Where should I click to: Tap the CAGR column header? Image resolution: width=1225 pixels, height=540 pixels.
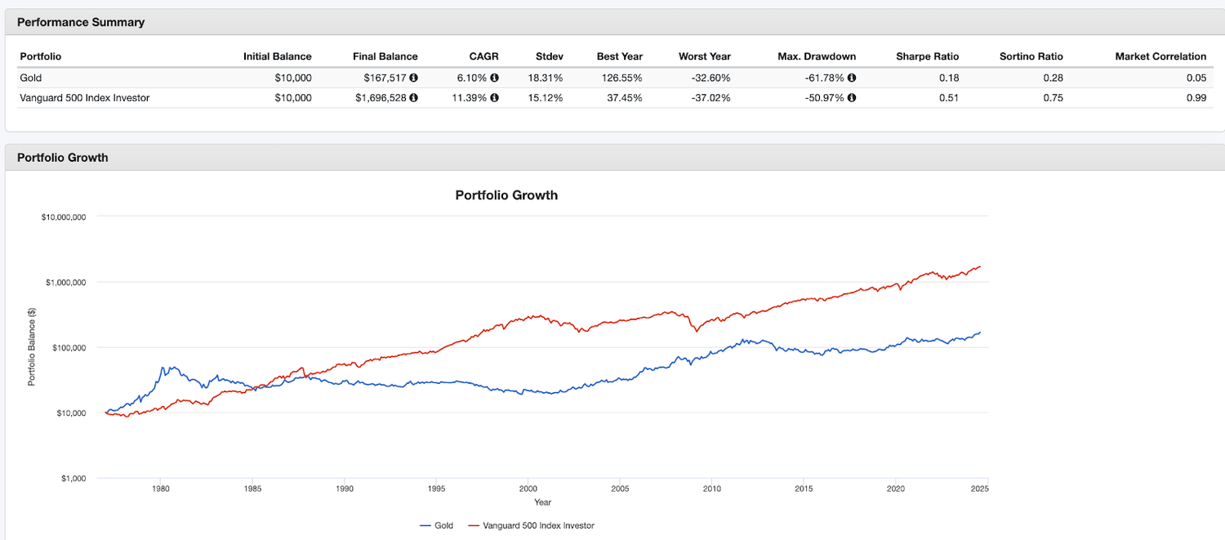(484, 56)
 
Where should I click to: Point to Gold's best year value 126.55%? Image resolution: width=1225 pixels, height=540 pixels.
(619, 78)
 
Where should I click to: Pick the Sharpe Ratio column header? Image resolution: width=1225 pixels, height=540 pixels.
(927, 56)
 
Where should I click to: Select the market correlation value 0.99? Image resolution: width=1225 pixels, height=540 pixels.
(1198, 98)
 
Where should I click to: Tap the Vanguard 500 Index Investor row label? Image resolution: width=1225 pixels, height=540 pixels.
(84, 98)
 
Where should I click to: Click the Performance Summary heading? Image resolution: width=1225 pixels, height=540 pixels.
(80, 22)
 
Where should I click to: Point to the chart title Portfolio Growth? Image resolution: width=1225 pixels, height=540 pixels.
(506, 195)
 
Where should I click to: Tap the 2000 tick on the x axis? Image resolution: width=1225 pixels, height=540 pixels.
(528, 489)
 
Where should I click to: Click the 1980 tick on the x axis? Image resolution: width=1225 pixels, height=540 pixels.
(160, 489)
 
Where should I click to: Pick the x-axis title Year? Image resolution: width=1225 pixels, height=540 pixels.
(542, 502)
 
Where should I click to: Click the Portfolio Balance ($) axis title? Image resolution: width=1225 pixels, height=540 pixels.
(32, 347)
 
